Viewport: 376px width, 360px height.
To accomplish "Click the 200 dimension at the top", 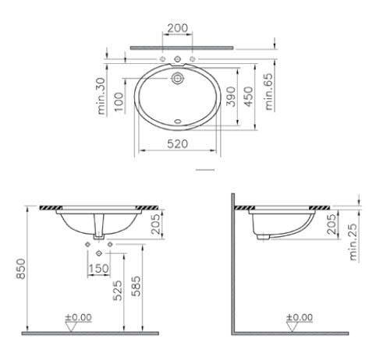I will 178,28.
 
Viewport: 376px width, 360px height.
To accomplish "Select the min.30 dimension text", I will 101,96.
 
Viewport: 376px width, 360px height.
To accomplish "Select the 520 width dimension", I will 179,145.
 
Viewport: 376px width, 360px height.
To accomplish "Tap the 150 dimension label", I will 99,269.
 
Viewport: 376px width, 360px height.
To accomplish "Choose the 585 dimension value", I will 137,290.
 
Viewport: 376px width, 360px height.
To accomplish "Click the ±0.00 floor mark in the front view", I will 78,318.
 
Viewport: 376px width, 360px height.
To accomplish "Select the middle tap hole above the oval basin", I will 178,60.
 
